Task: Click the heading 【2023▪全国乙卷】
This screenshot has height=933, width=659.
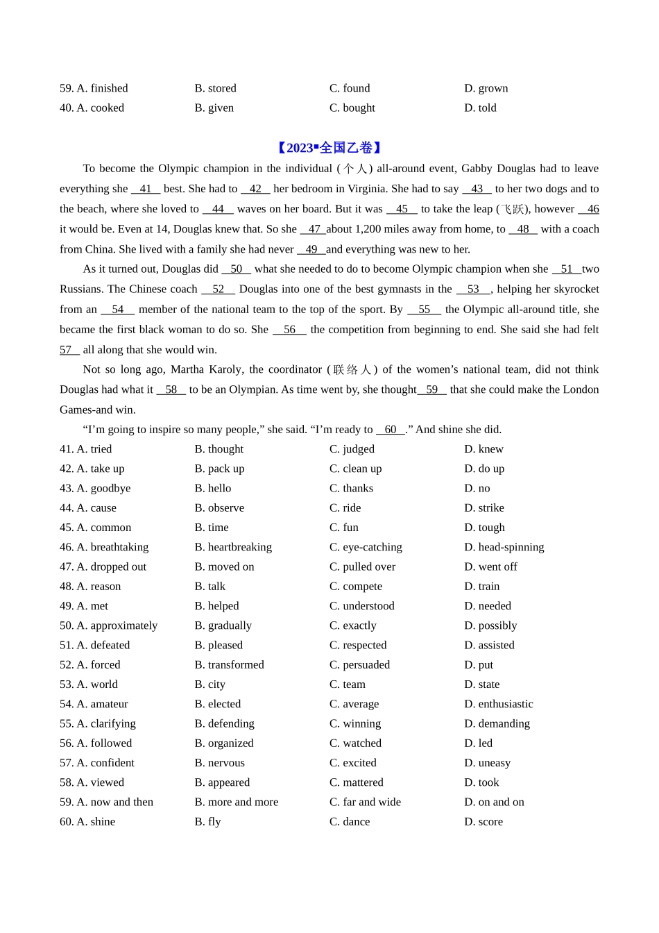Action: pos(329,148)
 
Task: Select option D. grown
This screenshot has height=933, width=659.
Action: pos(486,88)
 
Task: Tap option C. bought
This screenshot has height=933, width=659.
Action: pos(352,108)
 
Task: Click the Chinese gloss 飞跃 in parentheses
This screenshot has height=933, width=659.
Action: pos(513,209)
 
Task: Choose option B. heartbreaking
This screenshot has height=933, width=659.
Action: pos(233,547)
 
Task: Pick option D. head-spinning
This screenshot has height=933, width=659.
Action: pos(504,547)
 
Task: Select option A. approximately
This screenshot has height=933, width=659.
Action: pos(109,625)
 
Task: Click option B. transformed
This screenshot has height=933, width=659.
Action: pos(229,664)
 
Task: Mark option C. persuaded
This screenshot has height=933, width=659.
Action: pos(359,664)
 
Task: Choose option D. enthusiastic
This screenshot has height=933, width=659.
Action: pos(498,704)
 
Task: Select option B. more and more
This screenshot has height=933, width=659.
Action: pos(236,802)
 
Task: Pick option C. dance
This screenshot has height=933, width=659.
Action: pos(350,821)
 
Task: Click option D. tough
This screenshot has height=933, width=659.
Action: pos(484,528)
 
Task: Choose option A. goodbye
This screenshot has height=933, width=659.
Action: pos(96,488)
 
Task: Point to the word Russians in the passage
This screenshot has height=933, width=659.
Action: pos(81,289)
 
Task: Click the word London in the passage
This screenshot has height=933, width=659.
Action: pos(581,389)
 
